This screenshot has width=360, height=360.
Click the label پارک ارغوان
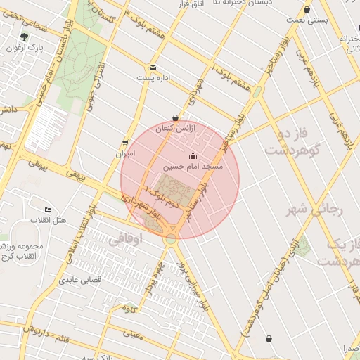pos(25,49)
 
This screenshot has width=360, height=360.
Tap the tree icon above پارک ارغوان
pos(25,37)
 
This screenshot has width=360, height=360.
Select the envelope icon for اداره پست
pos(153,67)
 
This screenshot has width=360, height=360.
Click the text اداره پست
pos(153,77)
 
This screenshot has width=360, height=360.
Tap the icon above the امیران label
pos(125,142)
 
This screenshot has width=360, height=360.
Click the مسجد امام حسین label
pos(193,167)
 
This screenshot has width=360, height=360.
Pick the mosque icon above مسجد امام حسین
pos(193,155)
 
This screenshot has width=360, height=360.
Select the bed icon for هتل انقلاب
pos(48,210)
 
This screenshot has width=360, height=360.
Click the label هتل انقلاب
pos(49,221)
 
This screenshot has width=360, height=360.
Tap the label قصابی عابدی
pos(81,280)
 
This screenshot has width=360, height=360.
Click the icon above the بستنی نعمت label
pos(307,9)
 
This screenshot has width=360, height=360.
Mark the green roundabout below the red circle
pos(171,239)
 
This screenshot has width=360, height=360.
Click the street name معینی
pos(131,336)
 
